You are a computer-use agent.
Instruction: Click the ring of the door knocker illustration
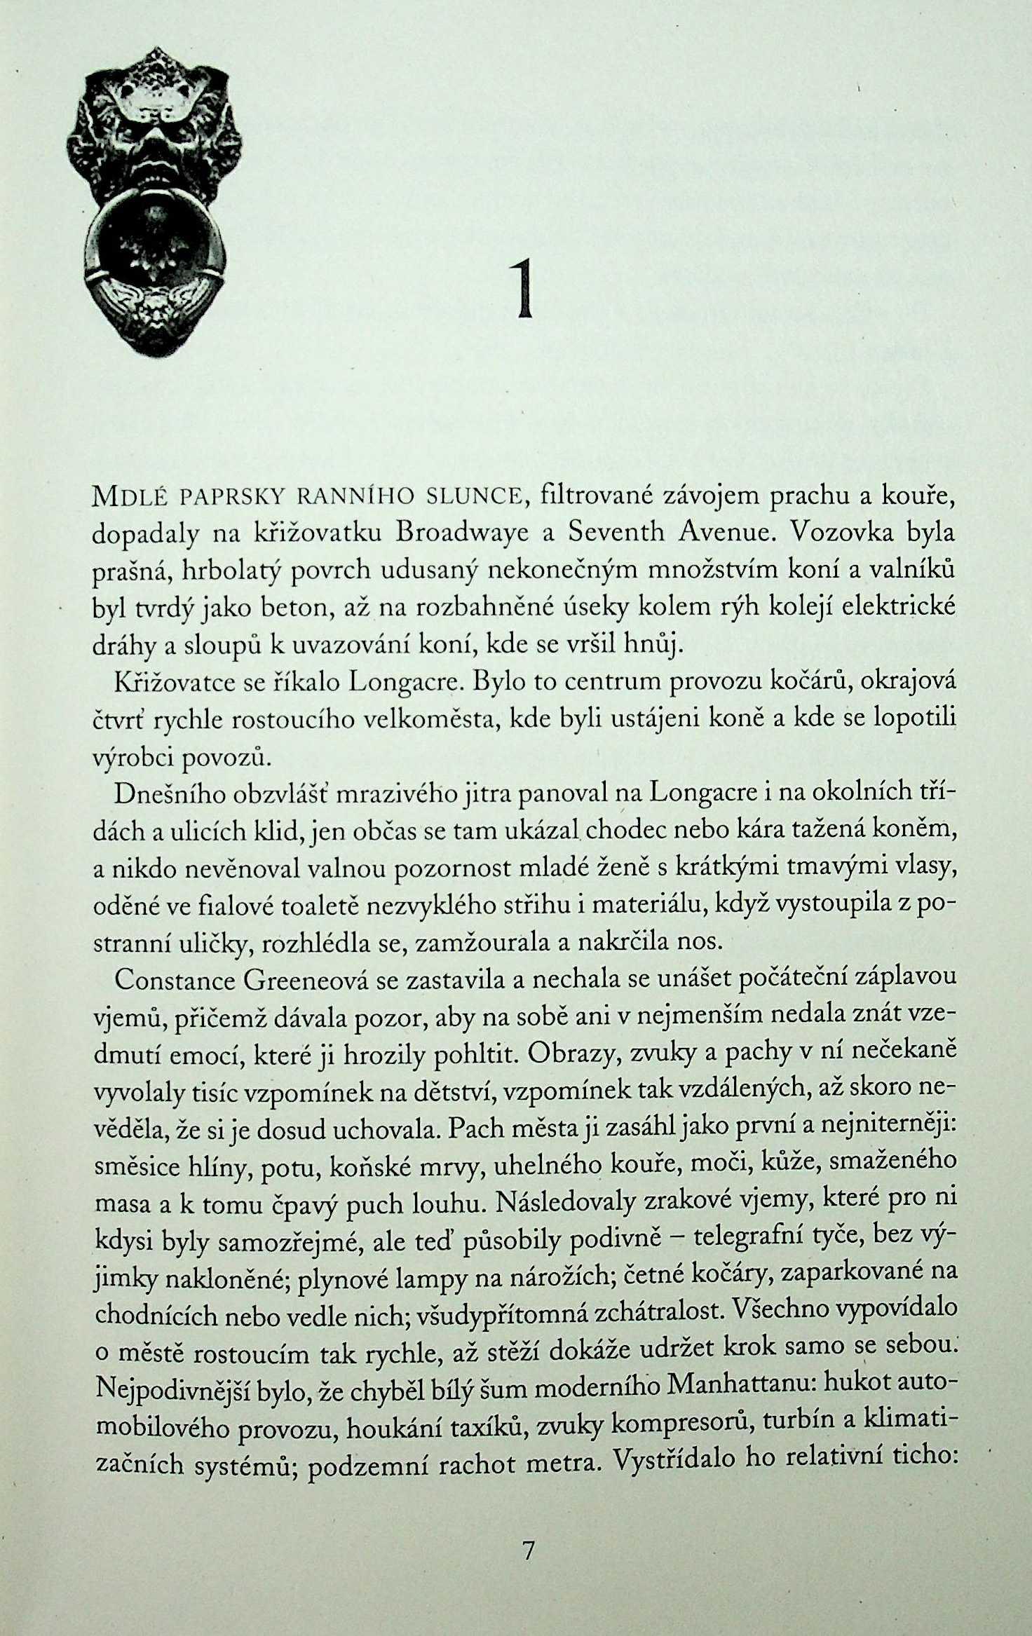pyautogui.click(x=156, y=238)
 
